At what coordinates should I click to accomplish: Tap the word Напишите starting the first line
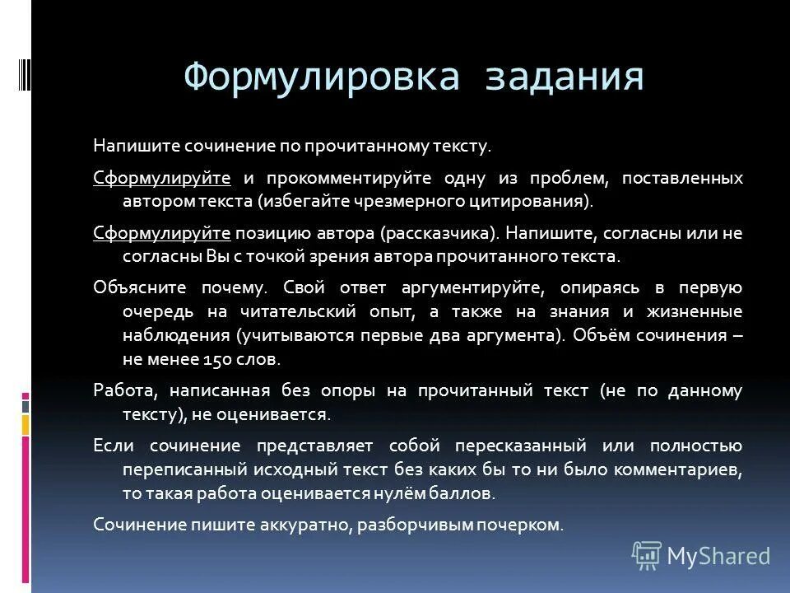tap(127, 147)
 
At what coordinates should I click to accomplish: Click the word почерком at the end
tap(524, 525)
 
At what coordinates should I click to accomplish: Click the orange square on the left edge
tap(26, 425)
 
